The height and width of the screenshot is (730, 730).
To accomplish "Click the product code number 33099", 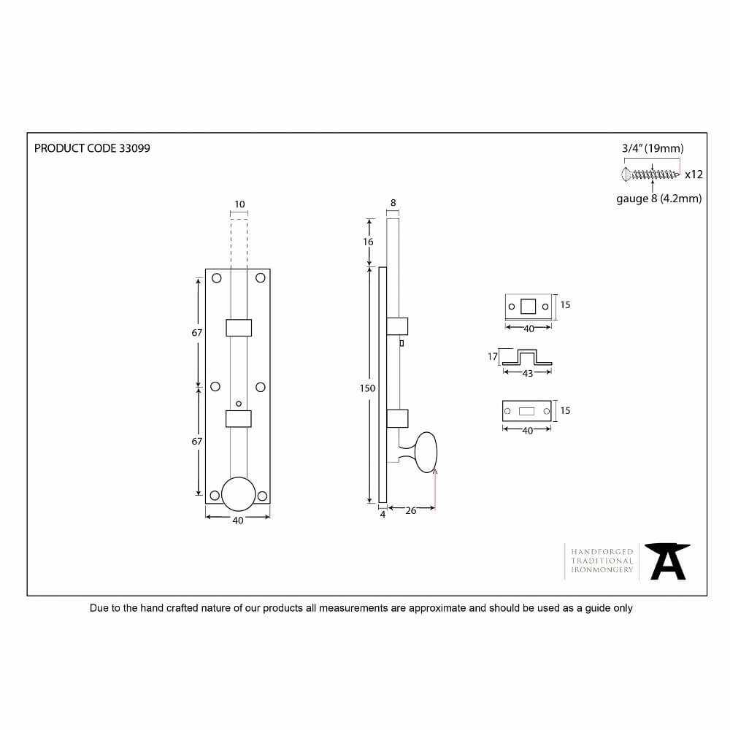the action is (x=134, y=148).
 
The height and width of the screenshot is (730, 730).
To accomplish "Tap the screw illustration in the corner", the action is (x=650, y=174).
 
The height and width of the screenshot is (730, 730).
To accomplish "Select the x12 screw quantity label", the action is (x=693, y=174).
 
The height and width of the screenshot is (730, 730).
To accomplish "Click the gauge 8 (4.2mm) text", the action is (x=658, y=199).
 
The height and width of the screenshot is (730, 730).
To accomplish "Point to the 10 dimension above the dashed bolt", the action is (x=239, y=204).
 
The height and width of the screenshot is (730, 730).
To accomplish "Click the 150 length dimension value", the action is (x=367, y=388).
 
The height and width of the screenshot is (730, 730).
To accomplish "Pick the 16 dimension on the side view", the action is (x=368, y=242).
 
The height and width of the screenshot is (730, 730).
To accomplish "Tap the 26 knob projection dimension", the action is (x=410, y=511).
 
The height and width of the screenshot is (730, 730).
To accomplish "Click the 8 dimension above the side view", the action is (x=393, y=203).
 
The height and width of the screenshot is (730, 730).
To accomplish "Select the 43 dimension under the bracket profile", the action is (x=528, y=373).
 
